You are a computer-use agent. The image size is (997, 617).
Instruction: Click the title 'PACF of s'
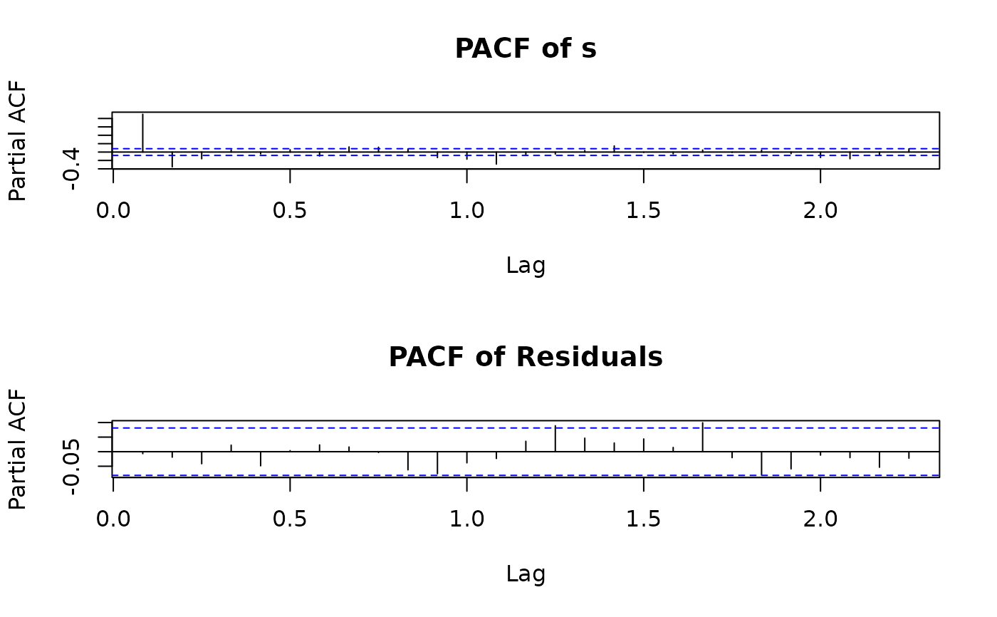click(x=526, y=49)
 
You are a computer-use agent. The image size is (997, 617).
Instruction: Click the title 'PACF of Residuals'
click(x=526, y=357)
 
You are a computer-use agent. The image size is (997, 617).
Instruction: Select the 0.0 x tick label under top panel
click(x=113, y=212)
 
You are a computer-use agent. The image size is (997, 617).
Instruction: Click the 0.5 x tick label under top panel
click(x=290, y=212)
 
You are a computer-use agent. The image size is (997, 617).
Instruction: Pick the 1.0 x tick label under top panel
click(x=466, y=212)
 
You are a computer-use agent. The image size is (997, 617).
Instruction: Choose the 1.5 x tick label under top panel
click(x=643, y=212)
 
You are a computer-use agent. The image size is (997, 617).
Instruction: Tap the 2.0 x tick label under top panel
click(x=820, y=212)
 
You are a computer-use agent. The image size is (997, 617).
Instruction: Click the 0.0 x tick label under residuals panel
click(x=113, y=519)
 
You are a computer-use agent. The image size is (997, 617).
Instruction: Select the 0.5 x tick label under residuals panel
click(x=290, y=519)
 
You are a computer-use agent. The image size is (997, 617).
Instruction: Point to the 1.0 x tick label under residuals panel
click(x=466, y=519)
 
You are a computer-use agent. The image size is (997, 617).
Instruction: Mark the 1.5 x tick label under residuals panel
click(x=643, y=519)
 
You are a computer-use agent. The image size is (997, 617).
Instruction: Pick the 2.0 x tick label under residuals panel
click(x=820, y=519)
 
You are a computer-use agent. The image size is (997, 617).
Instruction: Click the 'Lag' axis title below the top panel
click(x=526, y=266)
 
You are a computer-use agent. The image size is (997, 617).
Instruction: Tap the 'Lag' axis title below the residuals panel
click(x=526, y=574)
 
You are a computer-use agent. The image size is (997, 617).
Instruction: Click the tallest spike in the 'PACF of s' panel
click(x=143, y=132)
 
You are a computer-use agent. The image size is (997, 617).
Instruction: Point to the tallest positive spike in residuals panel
click(x=702, y=436)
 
